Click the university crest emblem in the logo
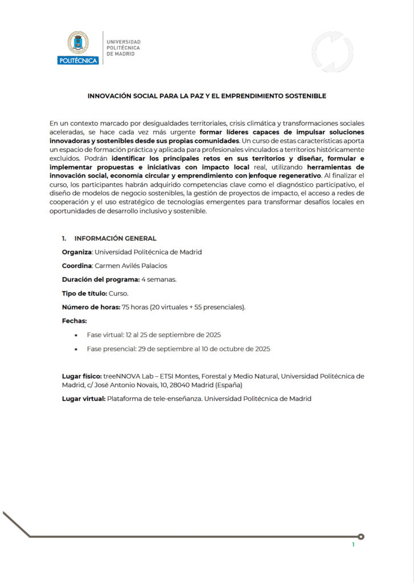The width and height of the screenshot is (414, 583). (x=78, y=43)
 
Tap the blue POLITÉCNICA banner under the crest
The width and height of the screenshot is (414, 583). (x=78, y=60)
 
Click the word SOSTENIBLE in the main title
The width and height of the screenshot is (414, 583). (x=308, y=96)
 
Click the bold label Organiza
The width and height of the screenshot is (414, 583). (x=76, y=252)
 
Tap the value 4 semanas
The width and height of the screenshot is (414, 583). (x=159, y=280)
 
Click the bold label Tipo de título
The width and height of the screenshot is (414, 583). (x=84, y=294)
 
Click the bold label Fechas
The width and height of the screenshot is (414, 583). (x=75, y=321)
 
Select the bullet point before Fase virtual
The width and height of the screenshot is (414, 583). (x=76, y=335)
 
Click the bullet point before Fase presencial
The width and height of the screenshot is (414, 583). (x=76, y=349)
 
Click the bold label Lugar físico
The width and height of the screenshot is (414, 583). (x=81, y=376)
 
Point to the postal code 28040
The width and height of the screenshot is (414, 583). (x=172, y=385)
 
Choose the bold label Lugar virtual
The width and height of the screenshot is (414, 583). (x=84, y=399)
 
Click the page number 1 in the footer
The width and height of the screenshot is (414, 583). (x=353, y=545)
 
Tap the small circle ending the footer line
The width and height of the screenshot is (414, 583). (x=361, y=536)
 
